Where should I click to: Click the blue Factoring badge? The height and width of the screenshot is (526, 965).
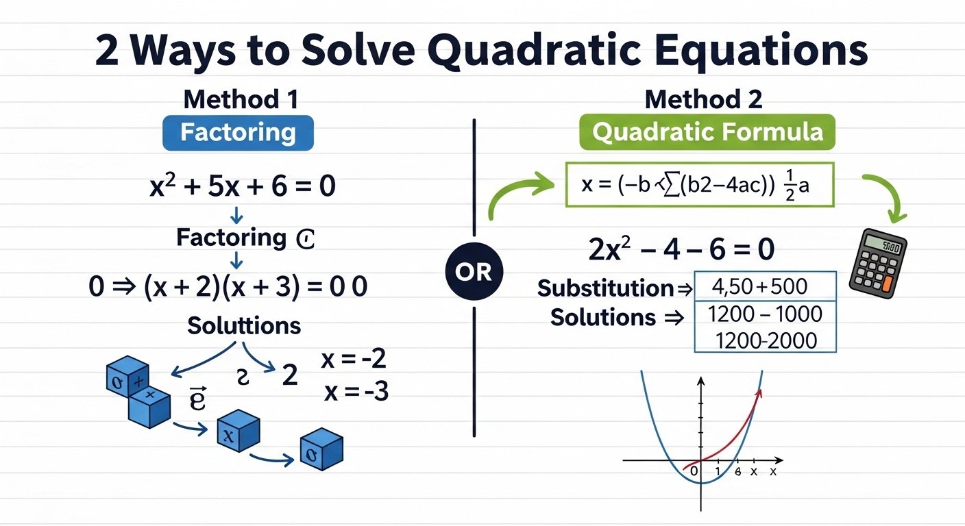[238, 133]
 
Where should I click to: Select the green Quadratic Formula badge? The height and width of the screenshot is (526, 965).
[707, 131]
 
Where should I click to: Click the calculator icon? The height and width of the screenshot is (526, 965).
[878, 262]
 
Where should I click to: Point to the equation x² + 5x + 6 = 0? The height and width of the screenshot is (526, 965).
[242, 186]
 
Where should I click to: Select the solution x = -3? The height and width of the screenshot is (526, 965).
[356, 392]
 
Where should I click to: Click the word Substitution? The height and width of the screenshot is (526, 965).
[605, 288]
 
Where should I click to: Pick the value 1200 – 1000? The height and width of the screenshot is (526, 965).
[765, 314]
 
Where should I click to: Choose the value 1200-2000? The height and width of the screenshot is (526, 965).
[765, 340]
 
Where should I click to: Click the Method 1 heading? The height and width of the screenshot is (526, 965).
[241, 100]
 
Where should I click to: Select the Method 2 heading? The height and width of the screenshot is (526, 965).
[703, 100]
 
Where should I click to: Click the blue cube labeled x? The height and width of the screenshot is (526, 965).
[238, 431]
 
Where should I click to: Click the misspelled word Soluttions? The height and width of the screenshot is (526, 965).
[244, 325]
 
